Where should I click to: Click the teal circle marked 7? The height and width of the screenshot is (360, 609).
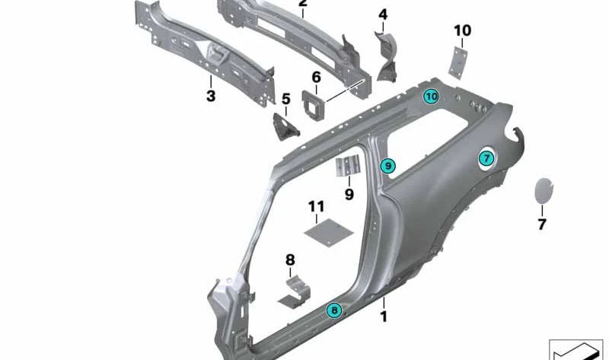[486, 158]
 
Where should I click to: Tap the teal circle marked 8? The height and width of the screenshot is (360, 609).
[334, 310]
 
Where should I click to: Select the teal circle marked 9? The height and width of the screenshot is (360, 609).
[387, 166]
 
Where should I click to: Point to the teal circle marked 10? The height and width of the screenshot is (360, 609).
[431, 97]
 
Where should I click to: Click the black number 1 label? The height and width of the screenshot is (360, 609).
[384, 317]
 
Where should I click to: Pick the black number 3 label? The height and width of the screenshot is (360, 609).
[211, 96]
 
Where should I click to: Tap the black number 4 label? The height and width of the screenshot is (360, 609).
[383, 14]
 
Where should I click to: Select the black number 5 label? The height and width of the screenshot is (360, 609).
[286, 99]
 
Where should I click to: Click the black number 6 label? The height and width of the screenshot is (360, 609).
[317, 78]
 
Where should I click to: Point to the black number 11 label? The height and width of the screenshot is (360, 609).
[316, 206]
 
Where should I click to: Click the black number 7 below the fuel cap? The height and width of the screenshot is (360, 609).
[542, 224]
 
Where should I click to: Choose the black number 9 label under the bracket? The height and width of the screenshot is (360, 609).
[349, 194]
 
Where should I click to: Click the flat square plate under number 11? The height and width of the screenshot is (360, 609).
[329, 232]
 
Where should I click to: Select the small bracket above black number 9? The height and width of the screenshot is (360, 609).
[348, 166]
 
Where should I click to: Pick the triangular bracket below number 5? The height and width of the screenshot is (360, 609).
[285, 126]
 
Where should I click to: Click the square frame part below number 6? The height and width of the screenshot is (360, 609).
[313, 105]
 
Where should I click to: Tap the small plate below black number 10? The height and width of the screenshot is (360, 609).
[458, 63]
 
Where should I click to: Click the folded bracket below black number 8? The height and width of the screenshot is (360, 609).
[294, 293]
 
